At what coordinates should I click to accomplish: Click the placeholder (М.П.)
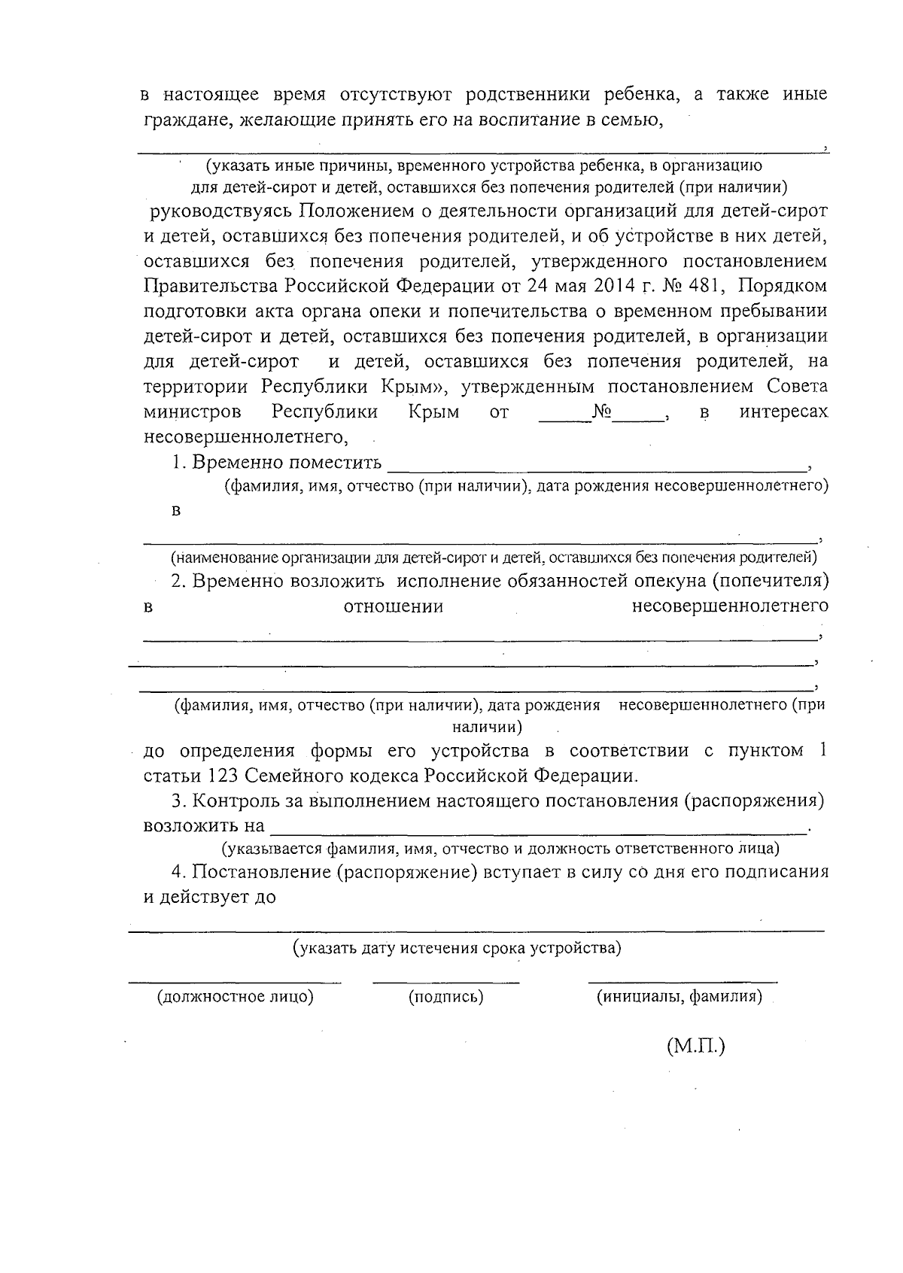point(695,1046)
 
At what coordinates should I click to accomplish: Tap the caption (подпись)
point(445,997)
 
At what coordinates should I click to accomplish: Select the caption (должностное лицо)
point(235,997)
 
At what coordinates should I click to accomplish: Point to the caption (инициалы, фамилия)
point(680,997)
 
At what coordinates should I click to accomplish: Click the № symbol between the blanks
point(601,412)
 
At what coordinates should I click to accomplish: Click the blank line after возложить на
point(537,831)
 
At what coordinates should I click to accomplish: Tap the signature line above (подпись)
point(445,982)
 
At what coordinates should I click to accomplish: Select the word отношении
point(393,606)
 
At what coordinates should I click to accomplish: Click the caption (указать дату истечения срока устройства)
point(457,948)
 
